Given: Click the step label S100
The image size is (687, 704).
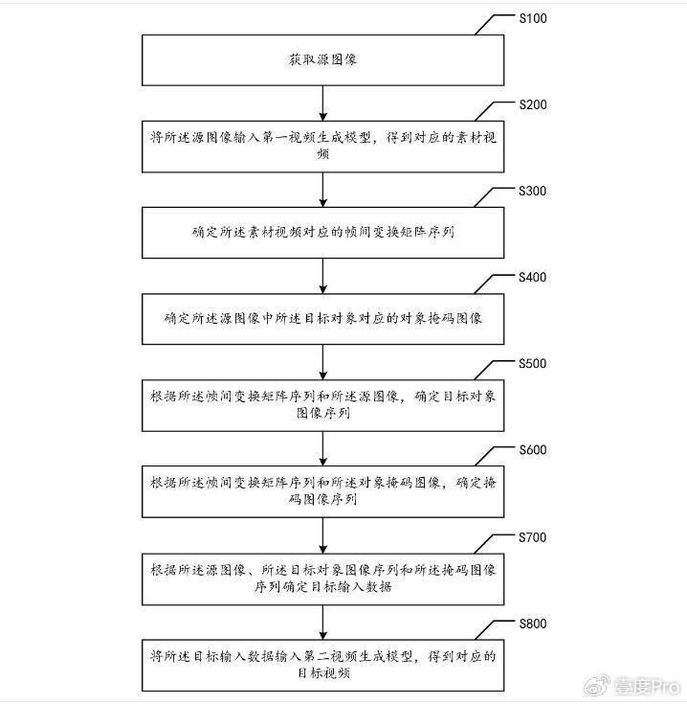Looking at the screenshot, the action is coord(533,18).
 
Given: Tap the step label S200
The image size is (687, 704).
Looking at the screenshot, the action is coord(533,104).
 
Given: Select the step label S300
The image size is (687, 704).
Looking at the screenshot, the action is coord(532,191).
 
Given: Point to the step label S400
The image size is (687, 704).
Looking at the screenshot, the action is coord(532,277).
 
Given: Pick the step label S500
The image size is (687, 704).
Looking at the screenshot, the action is coord(532,363).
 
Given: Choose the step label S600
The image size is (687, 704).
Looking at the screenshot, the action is coord(533,450).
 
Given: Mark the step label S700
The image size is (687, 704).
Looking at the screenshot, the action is coord(532,537).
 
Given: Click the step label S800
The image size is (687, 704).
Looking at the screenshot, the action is coord(533,624).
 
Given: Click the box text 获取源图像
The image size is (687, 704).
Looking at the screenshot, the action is coord(322,59).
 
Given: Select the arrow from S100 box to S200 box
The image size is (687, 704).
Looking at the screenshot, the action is coord(322,103).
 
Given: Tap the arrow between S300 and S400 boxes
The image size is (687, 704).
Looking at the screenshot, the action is coord(322,276).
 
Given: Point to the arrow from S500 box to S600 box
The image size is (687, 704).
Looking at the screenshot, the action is coord(322,448).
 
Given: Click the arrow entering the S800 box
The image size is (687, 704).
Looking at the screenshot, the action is coord(322,623).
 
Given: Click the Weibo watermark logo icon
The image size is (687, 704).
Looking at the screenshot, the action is coord(596,685).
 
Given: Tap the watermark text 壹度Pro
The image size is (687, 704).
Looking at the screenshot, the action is coord(647,687).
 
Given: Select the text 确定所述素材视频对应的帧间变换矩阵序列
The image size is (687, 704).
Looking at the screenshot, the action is coord(322,232).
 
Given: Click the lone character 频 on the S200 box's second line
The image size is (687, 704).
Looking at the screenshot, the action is coord(322,154).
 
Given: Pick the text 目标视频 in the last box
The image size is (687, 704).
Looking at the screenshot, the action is coord(323,673).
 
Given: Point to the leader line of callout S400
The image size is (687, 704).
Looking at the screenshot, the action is coord(494,283).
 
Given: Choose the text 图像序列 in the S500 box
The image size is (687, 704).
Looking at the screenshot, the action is coord(322,413).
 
